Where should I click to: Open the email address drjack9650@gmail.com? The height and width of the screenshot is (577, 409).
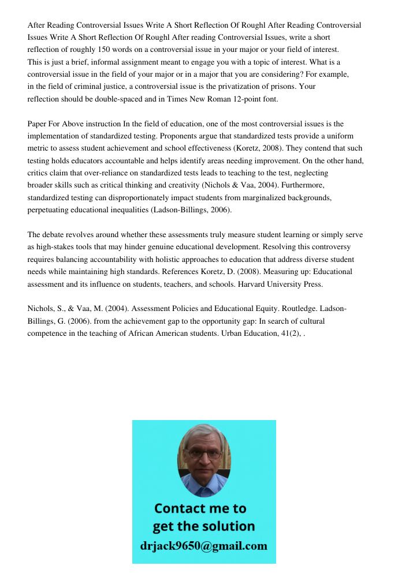[x=203, y=546]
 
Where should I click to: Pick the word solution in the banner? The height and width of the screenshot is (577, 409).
[x=227, y=526]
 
